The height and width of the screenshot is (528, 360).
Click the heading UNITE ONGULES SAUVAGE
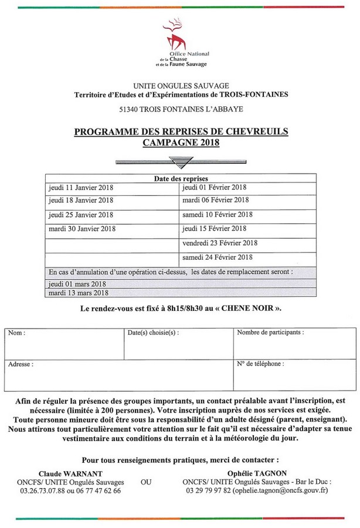[180, 85]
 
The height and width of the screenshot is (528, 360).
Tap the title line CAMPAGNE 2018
[180, 143]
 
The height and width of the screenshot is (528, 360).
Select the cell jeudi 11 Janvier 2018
[81, 188]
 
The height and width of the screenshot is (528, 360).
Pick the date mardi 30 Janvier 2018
[82, 228]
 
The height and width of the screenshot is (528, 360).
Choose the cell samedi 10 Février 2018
[218, 215]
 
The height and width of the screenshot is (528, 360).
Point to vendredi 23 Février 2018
[220, 242]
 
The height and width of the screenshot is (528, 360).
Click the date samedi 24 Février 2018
[218, 256]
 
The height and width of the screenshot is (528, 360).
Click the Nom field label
[16, 333]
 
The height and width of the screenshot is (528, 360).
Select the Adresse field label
[21, 364]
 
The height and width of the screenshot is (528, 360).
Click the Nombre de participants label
[270, 332]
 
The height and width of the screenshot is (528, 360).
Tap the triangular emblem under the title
[179, 161]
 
